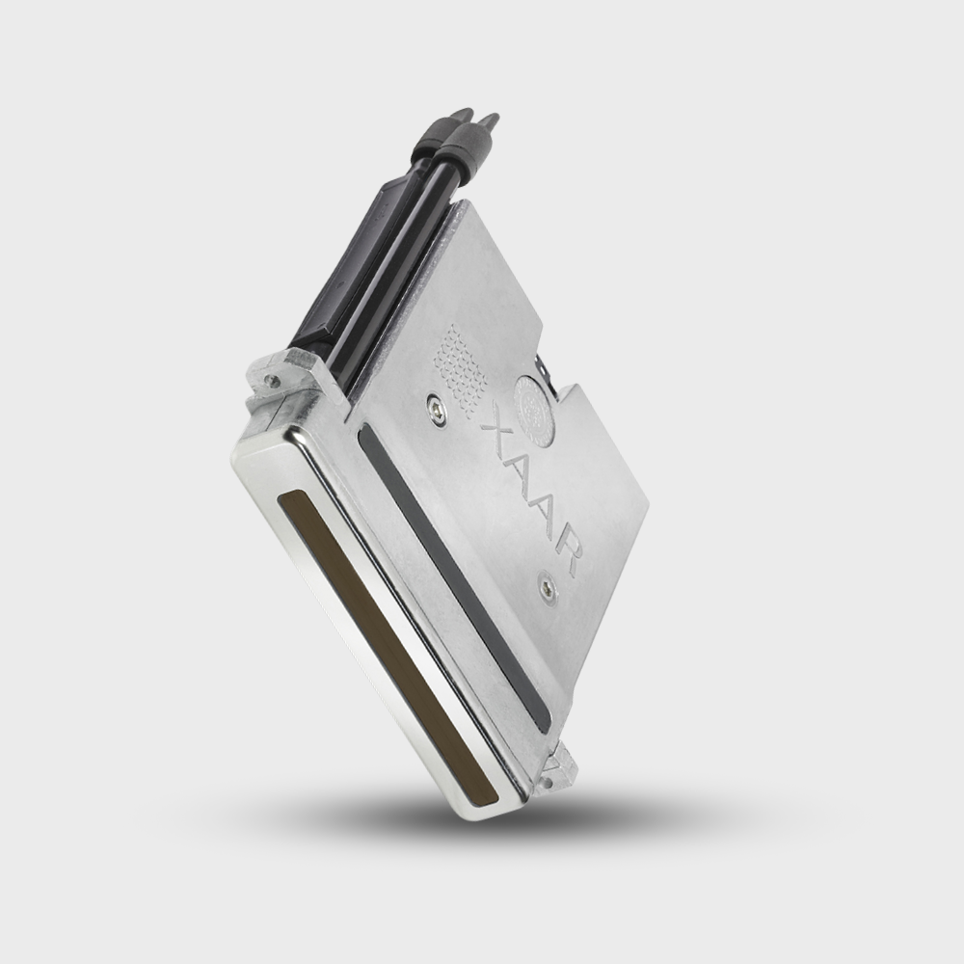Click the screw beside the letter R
[548, 586]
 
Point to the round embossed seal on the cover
[535, 408]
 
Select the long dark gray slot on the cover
[453, 576]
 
